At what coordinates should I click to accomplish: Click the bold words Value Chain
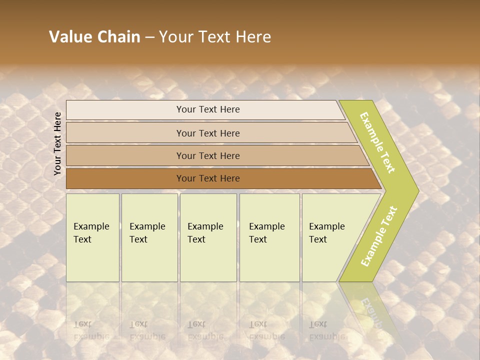(94, 37)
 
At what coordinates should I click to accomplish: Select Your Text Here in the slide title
(215, 37)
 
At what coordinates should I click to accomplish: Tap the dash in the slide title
(149, 37)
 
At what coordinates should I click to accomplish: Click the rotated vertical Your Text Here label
(57, 143)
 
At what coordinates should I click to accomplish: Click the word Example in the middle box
(205, 226)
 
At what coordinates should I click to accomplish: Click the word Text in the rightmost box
(317, 239)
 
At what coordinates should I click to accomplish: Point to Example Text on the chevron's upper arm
(377, 142)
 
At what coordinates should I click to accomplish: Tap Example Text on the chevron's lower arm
(379, 236)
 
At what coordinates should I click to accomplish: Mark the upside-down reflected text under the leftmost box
(91, 330)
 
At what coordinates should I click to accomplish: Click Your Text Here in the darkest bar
(208, 178)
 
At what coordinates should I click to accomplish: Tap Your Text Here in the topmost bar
(208, 109)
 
